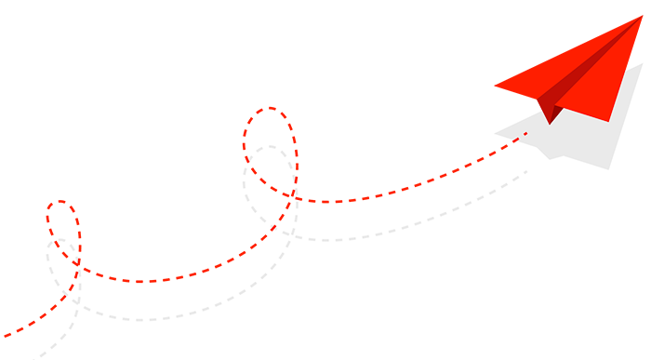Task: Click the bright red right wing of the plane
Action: [x=604, y=88]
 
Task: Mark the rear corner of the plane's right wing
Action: [x=609, y=120]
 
